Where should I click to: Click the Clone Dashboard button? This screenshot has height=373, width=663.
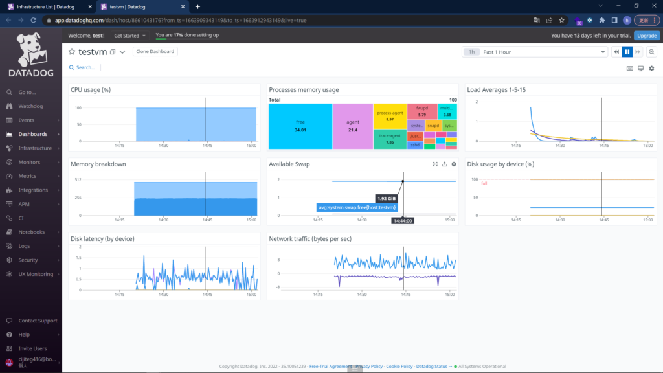point(155,51)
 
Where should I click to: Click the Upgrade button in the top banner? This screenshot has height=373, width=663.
point(647,36)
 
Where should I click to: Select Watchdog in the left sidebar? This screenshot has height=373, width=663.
point(30,106)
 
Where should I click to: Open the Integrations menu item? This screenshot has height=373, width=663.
point(33,190)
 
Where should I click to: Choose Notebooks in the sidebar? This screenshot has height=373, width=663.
point(31,232)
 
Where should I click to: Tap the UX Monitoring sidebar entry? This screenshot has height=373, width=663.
point(36,274)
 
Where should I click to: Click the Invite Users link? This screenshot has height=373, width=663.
point(32,349)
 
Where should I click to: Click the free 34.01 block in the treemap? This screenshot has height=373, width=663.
point(300,126)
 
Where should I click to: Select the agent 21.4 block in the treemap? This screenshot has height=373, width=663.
point(353,126)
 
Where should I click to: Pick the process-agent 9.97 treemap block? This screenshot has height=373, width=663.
point(390,116)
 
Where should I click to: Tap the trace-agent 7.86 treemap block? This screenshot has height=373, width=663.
point(390,139)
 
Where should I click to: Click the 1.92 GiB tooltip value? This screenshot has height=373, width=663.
point(387,198)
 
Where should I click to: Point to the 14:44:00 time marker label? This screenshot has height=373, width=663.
point(403,221)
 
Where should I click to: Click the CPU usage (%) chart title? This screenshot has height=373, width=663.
point(91,90)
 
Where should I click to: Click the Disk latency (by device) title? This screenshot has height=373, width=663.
point(102,239)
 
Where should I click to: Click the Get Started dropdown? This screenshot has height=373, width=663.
point(129,36)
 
